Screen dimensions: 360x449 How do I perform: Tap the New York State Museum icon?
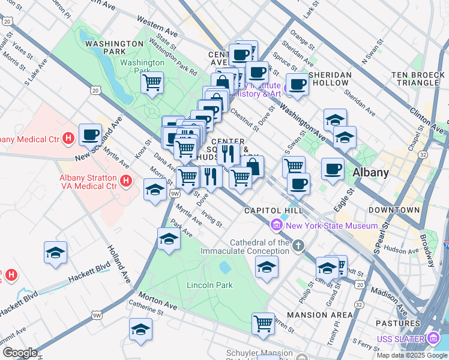coord(277,226)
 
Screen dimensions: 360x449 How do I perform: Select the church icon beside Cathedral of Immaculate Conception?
coord(298,245)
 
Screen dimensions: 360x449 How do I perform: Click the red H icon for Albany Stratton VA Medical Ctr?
coord(126,180)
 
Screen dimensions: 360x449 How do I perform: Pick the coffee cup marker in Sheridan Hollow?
coord(297,84)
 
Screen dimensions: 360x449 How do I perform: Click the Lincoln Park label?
coord(209,285)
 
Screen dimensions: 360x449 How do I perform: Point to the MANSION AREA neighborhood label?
coord(320,315)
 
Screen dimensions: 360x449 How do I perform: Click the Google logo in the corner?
coord(20,353)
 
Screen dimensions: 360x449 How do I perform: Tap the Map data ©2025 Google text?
coord(411,355)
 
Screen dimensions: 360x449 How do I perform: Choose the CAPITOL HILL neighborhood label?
coord(268,211)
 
